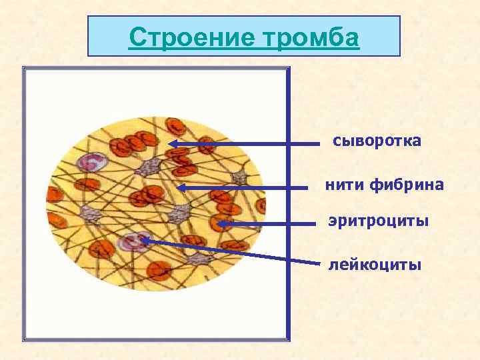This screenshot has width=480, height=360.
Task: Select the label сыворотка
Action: point(377,141)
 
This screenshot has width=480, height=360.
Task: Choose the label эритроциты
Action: point(378,221)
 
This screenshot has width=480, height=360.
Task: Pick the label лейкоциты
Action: point(375,265)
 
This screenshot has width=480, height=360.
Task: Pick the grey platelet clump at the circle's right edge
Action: point(239,177)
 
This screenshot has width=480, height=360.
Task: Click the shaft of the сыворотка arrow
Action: point(253,143)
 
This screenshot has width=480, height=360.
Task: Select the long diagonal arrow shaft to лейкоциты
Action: point(233,252)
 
